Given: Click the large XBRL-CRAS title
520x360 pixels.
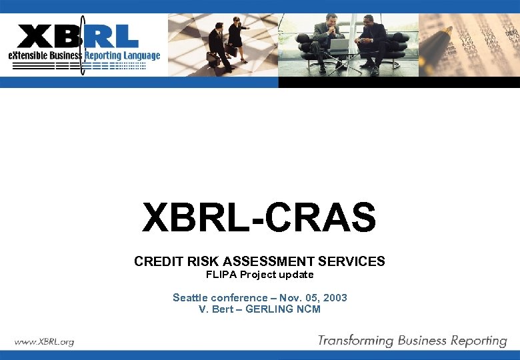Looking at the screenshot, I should (x=259, y=219).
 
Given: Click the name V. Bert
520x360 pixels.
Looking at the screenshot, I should (x=214, y=309).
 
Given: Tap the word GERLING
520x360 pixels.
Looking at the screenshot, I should (x=271, y=309).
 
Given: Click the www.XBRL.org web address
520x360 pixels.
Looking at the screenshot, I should (x=44, y=341).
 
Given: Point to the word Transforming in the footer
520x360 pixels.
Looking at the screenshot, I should (x=355, y=341).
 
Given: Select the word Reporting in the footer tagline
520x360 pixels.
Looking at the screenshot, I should (x=475, y=341).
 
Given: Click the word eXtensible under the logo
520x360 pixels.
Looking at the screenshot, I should (x=27, y=55).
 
